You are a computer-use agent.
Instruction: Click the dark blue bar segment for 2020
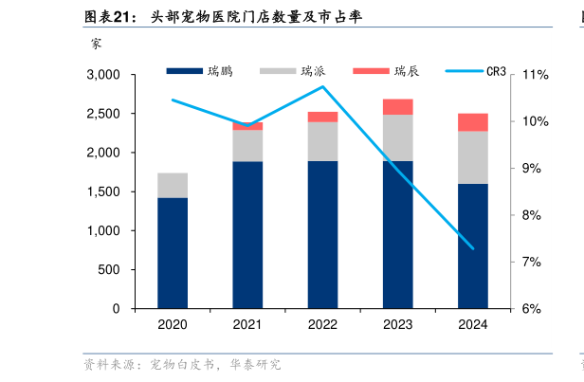173,253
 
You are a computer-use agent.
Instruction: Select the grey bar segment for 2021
247,145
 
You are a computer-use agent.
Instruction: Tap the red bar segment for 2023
397,106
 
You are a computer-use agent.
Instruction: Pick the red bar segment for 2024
472,122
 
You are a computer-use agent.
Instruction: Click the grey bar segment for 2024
472,157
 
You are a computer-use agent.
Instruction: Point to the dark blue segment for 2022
322,234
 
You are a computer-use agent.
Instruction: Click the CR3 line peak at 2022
322,87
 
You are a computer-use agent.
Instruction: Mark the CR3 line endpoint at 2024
472,248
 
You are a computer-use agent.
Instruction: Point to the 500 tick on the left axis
110,270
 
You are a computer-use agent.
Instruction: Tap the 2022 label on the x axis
322,325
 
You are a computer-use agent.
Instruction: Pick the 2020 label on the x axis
173,325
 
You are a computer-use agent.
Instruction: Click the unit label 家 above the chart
97,42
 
